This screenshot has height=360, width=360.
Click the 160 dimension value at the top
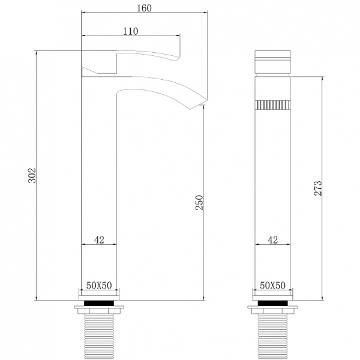[x=143, y=8]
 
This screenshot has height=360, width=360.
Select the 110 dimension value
[x=131, y=31]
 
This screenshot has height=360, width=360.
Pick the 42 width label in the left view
[x=100, y=240]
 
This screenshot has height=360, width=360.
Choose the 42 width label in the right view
[x=273, y=240]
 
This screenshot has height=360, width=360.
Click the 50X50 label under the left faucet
[x=100, y=285]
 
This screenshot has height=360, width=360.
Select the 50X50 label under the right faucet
[x=273, y=285]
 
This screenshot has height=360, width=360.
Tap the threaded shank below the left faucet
[x=100, y=336]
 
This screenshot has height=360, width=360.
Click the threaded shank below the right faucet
[x=273, y=336]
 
